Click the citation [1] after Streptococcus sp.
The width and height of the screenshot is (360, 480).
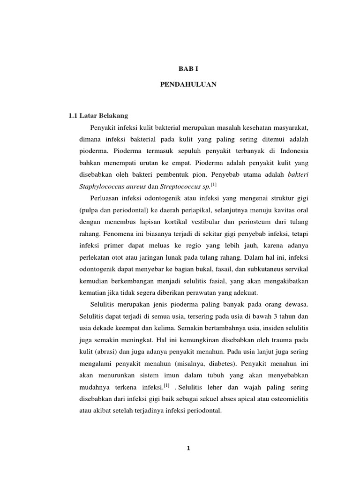click(x=214, y=185)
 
